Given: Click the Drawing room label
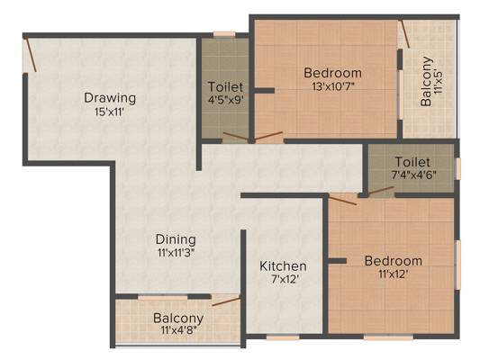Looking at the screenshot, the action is coord(110,98).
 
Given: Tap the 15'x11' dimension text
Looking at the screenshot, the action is coord(109,112).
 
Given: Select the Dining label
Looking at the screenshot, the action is coord(176,239).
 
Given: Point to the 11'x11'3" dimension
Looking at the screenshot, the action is coord(176,253).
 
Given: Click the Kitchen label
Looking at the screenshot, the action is coord(283,266).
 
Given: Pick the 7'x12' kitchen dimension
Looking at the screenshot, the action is coord(285,279).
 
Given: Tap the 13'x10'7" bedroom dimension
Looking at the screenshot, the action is coord(333,86).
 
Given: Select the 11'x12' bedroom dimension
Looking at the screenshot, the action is coord(393,274).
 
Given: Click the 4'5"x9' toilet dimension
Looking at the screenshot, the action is coord(226,100).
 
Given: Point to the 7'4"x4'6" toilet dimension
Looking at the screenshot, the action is coord(414,175).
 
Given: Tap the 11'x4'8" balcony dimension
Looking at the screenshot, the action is coord(178,330).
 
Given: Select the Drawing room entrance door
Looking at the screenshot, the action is coord(31,54).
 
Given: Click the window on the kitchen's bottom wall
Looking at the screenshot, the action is coord(283,337).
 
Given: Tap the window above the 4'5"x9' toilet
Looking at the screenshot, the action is coord(224,34).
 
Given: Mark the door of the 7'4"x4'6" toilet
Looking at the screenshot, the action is coord(381,191).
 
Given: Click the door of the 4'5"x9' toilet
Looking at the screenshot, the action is coord(235,137).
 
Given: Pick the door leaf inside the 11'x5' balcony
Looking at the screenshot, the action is coord(405,34).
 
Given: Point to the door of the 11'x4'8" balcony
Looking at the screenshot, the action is coord(226,301).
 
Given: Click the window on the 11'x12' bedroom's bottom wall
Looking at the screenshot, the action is coord(388,337).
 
